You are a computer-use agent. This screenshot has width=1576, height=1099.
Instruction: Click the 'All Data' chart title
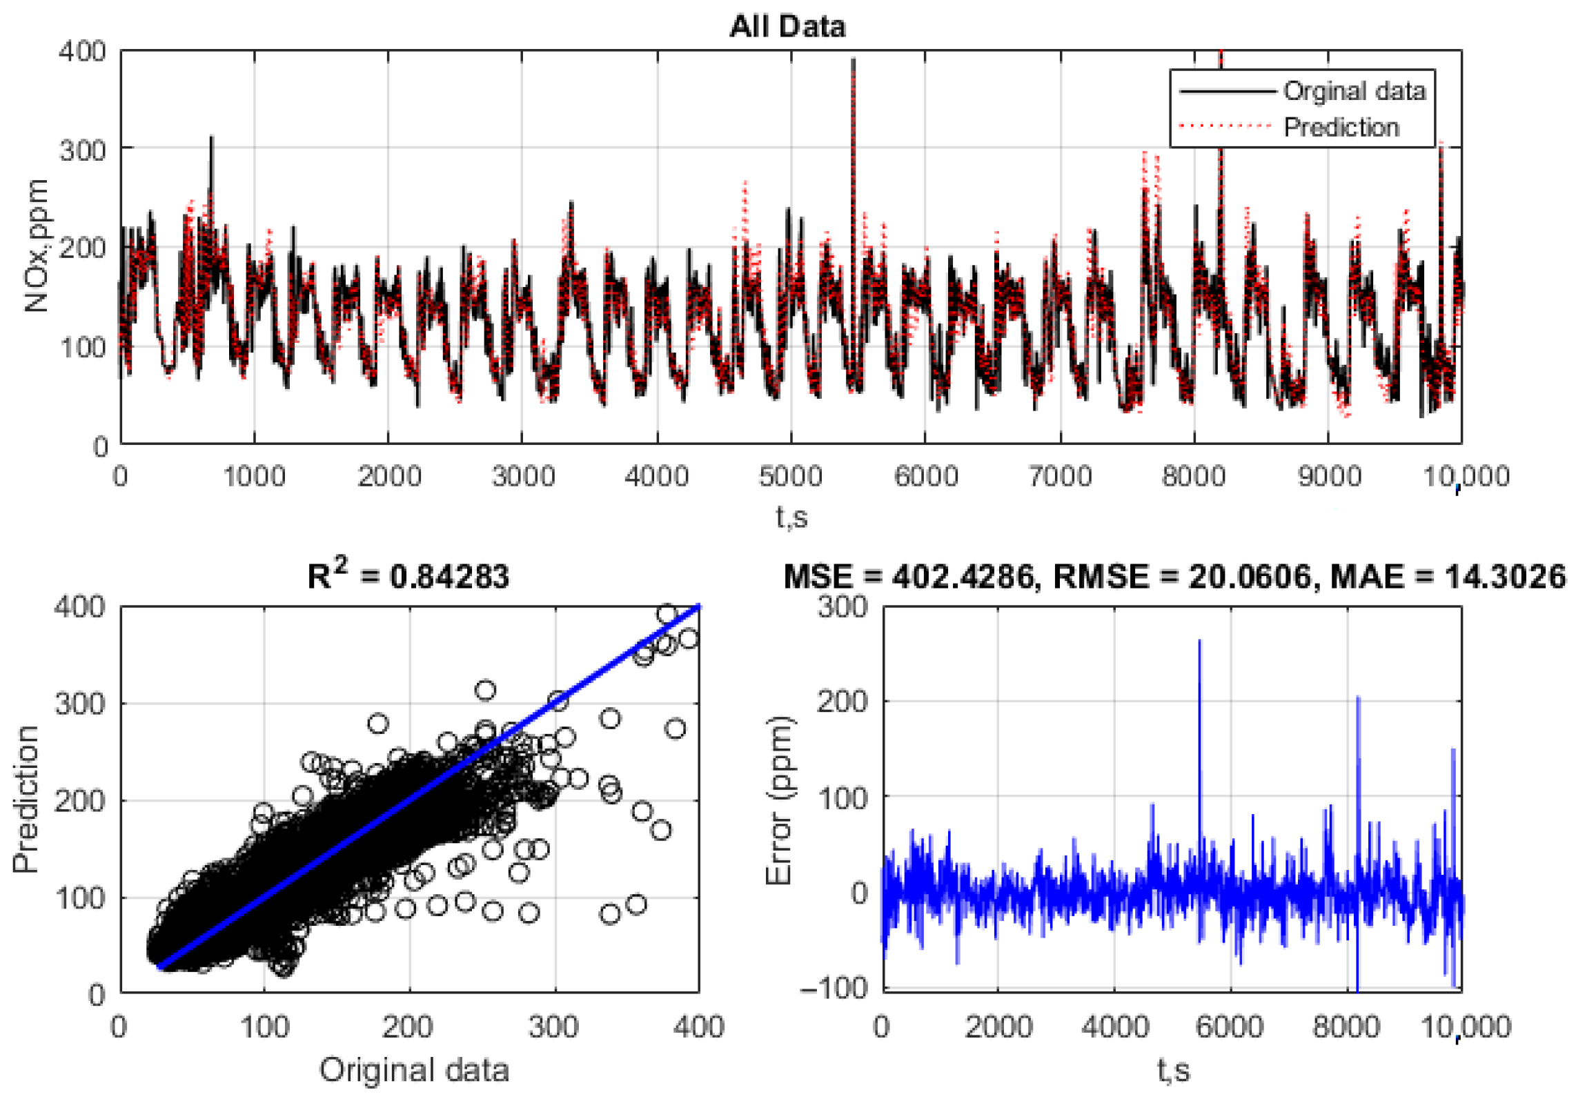pos(787,27)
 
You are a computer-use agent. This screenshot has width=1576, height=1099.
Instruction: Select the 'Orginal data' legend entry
pos(1353,91)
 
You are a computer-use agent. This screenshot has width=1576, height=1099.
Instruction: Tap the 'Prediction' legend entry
pos(1341,128)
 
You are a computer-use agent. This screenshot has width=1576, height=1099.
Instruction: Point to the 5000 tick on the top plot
pos(790,477)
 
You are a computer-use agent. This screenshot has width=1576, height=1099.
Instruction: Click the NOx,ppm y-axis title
pos(36,246)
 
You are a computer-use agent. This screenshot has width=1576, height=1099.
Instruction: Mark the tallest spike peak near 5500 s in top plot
pos(854,60)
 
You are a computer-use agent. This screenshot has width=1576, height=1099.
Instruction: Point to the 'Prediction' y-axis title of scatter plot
pos(26,799)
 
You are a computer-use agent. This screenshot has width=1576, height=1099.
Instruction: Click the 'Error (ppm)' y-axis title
pos(780,800)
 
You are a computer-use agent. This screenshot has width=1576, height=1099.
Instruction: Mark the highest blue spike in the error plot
pos(1199,642)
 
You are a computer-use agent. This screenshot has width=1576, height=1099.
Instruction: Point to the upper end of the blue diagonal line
pos(698,606)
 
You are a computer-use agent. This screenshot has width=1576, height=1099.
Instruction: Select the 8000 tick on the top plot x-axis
pos(1193,477)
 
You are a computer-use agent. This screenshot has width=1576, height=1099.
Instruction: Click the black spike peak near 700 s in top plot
pos(212,137)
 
